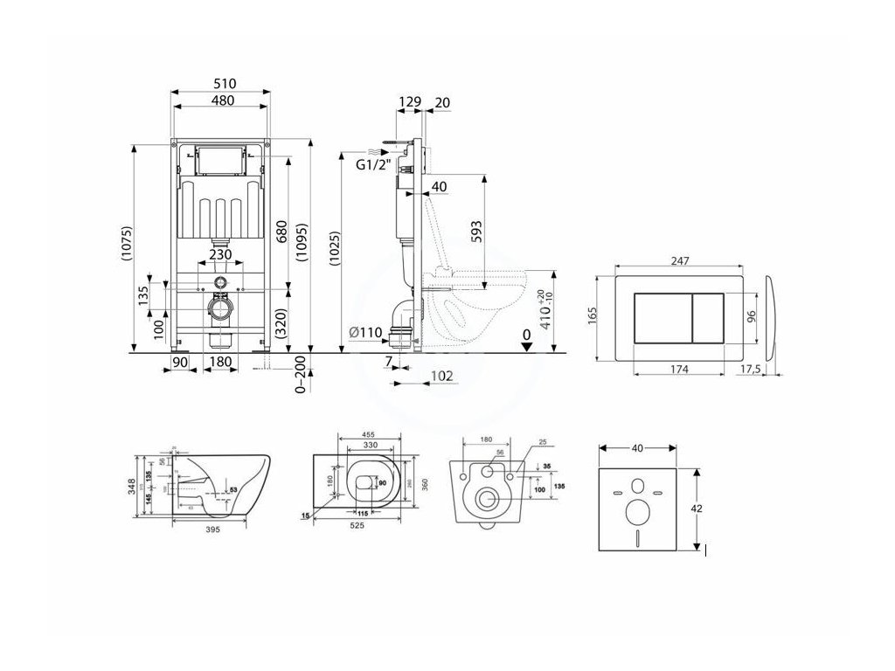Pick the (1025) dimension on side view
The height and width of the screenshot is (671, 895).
(336, 246)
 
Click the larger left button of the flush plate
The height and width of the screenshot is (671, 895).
(657, 315)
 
